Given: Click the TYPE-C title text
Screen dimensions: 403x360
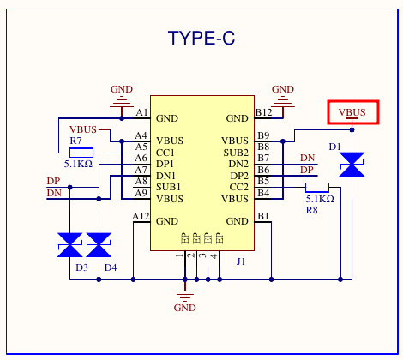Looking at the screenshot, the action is click(201, 38).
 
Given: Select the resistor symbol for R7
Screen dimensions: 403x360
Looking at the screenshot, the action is click(81, 153).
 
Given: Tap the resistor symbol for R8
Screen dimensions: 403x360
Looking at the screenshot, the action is click(317, 188).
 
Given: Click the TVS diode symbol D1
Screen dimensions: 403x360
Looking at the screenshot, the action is click(352, 165).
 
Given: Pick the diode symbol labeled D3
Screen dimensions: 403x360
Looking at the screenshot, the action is click(70, 245).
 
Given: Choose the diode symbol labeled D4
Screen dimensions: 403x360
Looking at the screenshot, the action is click(99, 245).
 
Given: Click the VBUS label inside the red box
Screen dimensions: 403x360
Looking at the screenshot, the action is click(352, 112).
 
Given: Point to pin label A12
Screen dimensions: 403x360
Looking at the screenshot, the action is click(141, 216).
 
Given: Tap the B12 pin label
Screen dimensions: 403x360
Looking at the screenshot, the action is click(263, 112).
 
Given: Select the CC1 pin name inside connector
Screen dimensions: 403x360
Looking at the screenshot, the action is click(165, 153).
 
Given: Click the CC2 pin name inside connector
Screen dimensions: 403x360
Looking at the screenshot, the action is click(239, 187).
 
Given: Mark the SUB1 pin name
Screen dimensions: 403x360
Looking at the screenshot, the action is click(168, 187).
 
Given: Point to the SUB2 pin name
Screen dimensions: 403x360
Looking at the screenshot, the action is click(236, 153).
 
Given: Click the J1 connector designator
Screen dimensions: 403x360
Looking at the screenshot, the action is click(241, 261).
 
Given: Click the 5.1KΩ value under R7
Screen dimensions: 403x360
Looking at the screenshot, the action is click(78, 164).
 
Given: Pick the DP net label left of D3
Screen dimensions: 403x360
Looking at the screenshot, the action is click(53, 181).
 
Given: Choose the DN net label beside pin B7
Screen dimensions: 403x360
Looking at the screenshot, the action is click(308, 158).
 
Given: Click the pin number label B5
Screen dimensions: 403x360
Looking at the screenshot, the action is click(263, 181).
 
